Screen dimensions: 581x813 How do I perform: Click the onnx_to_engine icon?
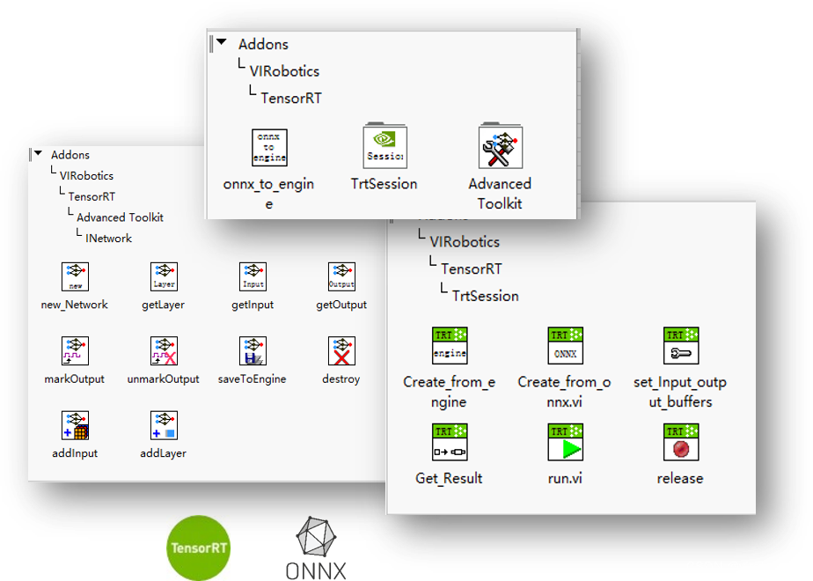pos(269,147)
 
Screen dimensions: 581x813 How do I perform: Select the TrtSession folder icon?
pos(385,146)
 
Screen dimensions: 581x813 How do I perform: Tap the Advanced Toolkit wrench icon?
pos(500,147)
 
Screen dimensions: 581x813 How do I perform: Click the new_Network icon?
pos(75,276)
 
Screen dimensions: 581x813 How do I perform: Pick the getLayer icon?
pos(164,276)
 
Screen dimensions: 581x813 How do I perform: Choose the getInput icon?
pos(253,276)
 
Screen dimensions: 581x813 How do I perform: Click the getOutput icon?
pos(341,276)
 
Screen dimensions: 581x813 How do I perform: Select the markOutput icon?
pos(75,350)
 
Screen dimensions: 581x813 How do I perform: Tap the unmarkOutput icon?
pos(164,350)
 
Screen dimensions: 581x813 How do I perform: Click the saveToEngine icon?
pos(253,350)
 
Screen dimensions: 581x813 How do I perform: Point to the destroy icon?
pos(341,350)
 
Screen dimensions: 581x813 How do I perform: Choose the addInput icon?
pos(75,425)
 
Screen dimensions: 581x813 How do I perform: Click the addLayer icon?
pos(164,425)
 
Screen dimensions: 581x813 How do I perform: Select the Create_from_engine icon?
pos(450,346)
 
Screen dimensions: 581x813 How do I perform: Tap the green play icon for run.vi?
pos(565,443)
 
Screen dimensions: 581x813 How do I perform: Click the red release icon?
pos(680,443)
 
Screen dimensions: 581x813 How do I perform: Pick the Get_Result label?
pos(449,479)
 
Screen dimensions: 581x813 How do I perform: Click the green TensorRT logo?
pos(199,548)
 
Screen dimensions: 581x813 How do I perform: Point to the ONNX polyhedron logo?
pos(315,538)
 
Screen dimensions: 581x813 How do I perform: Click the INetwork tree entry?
pos(108,238)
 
